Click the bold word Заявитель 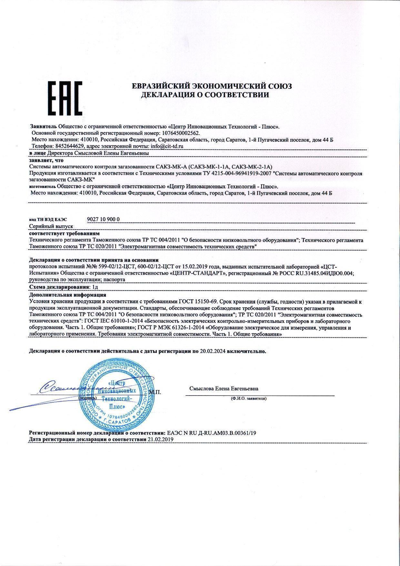(44, 126)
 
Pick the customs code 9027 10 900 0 (103, 219)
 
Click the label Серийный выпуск (51, 227)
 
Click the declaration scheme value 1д (94, 287)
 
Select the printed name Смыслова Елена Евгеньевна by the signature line (224, 389)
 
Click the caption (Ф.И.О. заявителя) (248, 398)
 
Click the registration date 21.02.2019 (160, 439)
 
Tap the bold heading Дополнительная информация (67, 295)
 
